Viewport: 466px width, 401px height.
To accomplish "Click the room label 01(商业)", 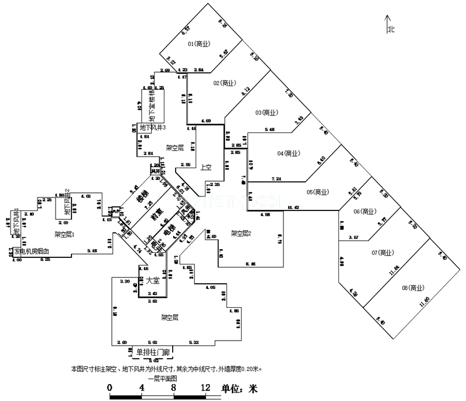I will tap(199, 44).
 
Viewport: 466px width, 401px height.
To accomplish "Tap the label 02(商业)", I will tap(224, 83).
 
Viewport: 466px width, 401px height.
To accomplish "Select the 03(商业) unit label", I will tap(266, 113).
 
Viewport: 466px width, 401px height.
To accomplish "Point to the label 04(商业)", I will tap(289, 154).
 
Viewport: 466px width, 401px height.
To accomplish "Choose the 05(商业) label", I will tap(318, 192).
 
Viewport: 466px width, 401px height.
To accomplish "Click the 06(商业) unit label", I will tap(365, 211).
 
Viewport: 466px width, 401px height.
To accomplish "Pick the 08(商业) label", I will tap(413, 287).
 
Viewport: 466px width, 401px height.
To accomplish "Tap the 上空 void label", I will tap(206, 167).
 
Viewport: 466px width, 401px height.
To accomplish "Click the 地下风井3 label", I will tap(153, 127).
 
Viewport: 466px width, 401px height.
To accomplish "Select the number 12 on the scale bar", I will tap(205, 388).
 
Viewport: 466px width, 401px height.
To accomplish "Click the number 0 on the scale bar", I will tap(110, 388).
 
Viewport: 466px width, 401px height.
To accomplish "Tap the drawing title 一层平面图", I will tap(163, 379).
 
